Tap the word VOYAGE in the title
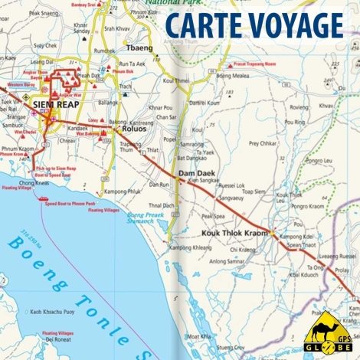click(292, 25)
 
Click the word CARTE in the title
click(200, 25)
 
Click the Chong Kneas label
click(34, 183)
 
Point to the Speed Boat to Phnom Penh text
click(70, 204)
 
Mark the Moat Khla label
click(199, 335)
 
